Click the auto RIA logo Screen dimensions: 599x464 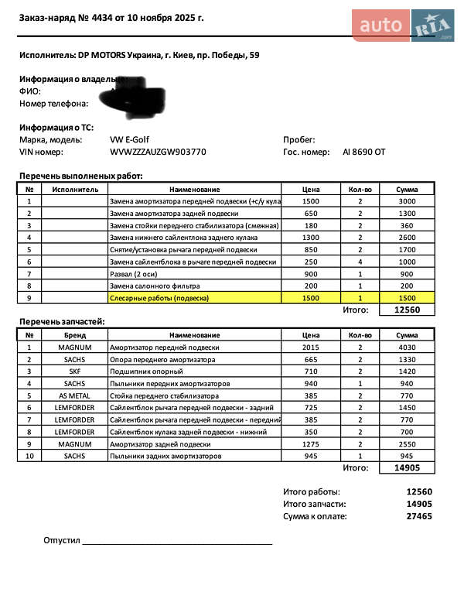click(404, 25)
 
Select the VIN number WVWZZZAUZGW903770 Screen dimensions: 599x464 click(159, 152)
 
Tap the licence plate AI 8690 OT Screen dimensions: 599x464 click(363, 152)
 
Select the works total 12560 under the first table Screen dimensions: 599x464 click(407, 310)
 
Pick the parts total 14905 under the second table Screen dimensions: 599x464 click(407, 468)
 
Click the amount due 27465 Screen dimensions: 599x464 click(419, 516)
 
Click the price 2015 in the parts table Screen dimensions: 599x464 click(311, 347)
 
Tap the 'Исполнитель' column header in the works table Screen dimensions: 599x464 click(75, 190)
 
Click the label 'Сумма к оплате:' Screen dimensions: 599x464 click(315, 516)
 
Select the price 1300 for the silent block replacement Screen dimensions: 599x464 click(311, 238)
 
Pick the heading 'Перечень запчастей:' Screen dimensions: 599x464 click(62, 321)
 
